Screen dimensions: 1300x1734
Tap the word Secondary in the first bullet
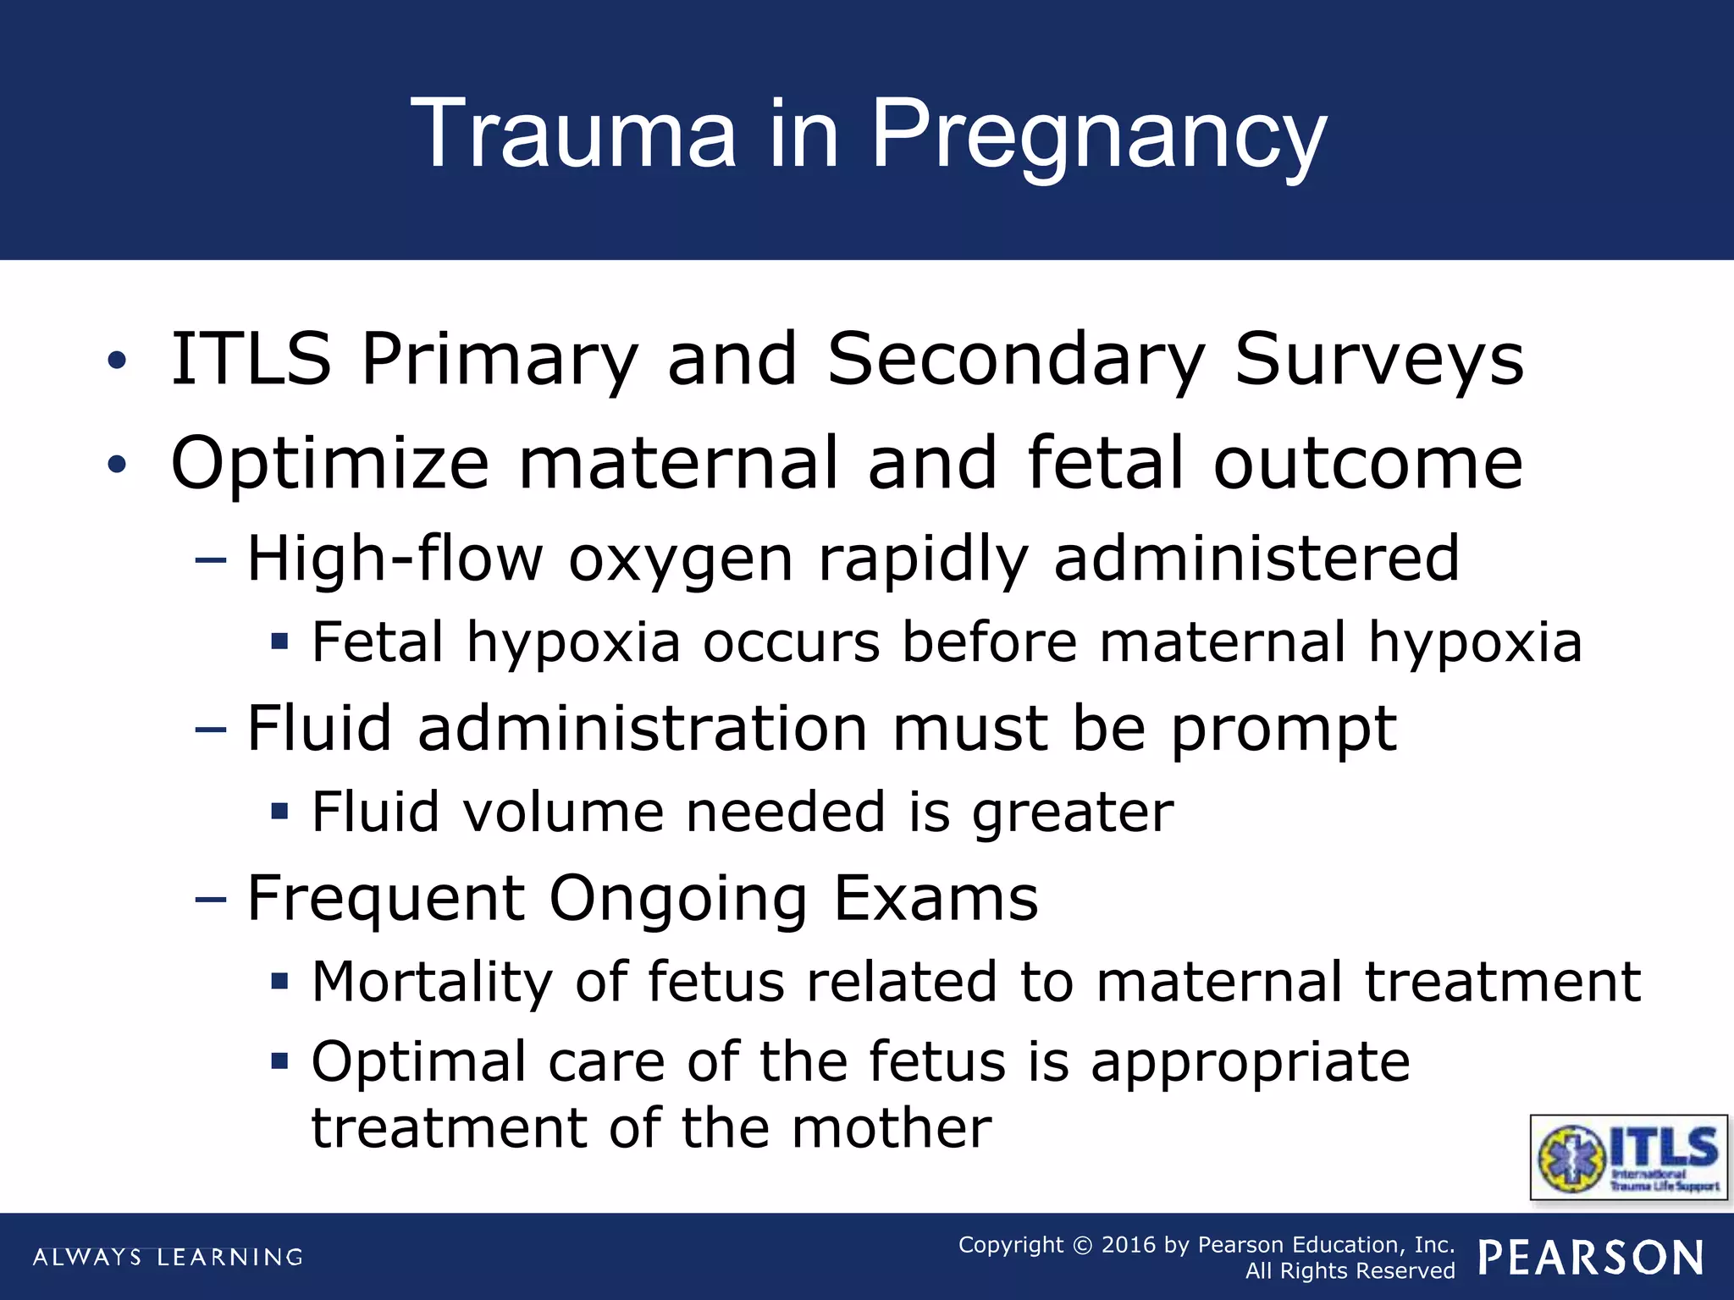pos(1014,360)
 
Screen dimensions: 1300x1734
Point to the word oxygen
pos(680,560)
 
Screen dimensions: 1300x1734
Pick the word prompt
pos(1284,730)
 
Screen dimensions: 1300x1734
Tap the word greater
pos(1073,812)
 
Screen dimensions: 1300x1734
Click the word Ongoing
pos(677,899)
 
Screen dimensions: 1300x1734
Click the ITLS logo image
pos(1628,1157)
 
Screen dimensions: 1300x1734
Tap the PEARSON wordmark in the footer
pos(1591,1258)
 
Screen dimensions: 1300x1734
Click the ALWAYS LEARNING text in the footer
pos(168,1257)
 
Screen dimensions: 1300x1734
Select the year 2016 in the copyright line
pos(1128,1245)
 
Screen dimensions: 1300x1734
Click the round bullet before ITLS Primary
pos(117,361)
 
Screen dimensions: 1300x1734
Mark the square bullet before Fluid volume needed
pos(279,812)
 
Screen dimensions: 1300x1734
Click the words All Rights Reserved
pos(1350,1271)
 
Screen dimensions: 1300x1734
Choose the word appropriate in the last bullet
pos(1250,1062)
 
